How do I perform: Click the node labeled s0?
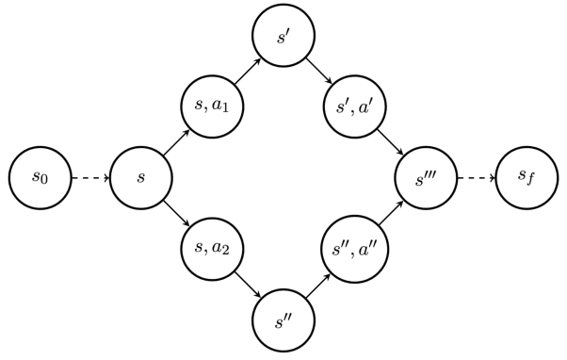pyautogui.click(x=40, y=177)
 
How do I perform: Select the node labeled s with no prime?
pyautogui.click(x=141, y=177)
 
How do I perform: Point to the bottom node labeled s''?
pyautogui.click(x=283, y=317)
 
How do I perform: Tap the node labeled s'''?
pyautogui.click(x=423, y=177)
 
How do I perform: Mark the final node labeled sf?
pyautogui.click(x=525, y=177)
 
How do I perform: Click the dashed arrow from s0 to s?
pyautogui.click(x=90, y=177)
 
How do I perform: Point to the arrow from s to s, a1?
pyautogui.click(x=177, y=142)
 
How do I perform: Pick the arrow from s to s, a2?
pyautogui.click(x=177, y=212)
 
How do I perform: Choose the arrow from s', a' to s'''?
pyautogui.click(x=388, y=142)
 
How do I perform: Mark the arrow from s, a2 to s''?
pyautogui.click(x=248, y=282)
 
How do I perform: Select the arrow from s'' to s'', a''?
pyautogui.click(x=318, y=282)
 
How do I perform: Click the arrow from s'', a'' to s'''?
pyautogui.click(x=388, y=212)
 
